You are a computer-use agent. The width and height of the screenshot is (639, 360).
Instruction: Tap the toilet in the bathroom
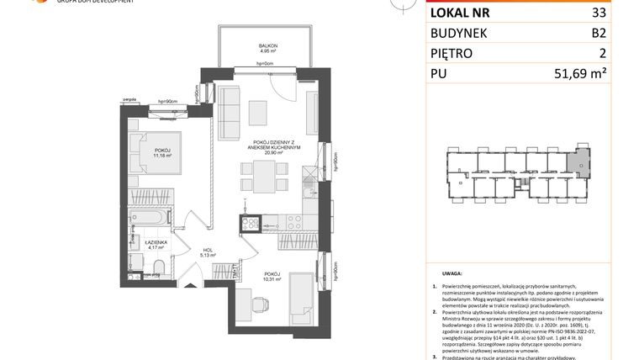click(157, 268)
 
